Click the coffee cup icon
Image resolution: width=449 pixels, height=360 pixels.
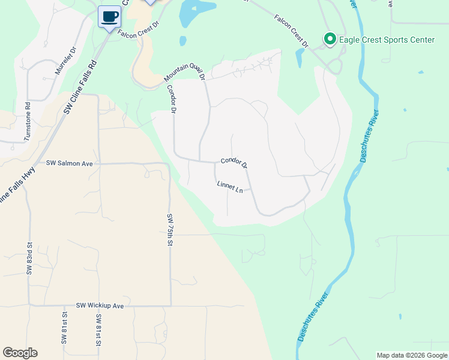(x=109, y=16)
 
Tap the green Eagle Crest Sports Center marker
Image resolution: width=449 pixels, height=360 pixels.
(x=330, y=40)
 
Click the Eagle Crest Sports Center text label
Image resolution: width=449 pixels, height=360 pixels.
(x=387, y=40)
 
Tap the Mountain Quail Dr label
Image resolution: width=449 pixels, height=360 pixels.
(x=185, y=73)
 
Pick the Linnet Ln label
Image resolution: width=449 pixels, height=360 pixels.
(x=230, y=187)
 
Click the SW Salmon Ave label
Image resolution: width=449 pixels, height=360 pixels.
(x=70, y=163)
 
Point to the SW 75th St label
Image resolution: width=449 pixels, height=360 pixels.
(x=170, y=230)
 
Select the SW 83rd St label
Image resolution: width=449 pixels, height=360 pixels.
(x=28, y=259)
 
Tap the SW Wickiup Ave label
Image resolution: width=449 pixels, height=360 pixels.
(x=100, y=305)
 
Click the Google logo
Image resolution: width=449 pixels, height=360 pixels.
(x=20, y=353)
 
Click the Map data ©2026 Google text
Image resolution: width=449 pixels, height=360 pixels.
(x=412, y=355)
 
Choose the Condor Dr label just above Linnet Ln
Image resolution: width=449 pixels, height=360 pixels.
(x=234, y=163)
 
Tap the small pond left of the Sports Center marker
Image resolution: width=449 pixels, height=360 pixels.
(x=299, y=58)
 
